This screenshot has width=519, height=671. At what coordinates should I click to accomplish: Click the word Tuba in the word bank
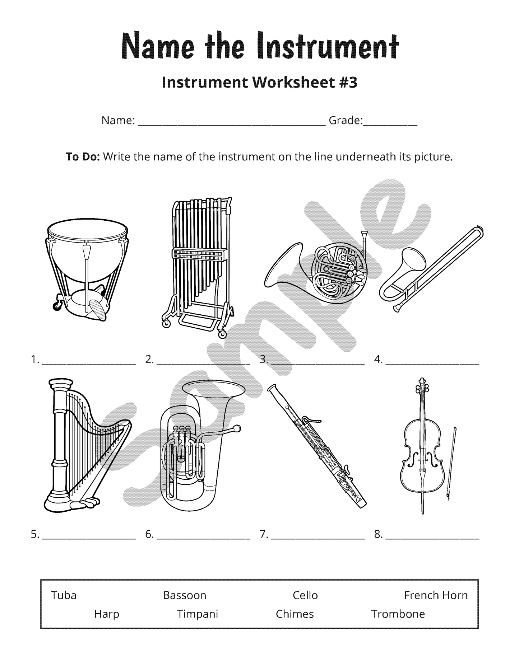point(64,595)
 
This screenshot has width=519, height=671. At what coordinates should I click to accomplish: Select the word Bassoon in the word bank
point(184,595)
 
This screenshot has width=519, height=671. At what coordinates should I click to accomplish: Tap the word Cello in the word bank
point(305,595)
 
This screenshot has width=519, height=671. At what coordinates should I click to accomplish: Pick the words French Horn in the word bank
point(436,595)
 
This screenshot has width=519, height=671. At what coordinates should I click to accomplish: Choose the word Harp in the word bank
point(106,614)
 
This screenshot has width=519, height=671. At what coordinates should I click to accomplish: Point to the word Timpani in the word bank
point(197,614)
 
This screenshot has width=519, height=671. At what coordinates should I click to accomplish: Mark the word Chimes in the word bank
point(295,614)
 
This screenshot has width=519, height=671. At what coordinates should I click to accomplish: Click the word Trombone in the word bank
point(398,614)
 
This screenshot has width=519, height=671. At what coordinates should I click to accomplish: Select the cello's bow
point(451,463)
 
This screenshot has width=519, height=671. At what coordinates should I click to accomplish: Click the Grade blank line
point(390,123)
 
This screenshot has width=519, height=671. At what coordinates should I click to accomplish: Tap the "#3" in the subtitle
point(348,83)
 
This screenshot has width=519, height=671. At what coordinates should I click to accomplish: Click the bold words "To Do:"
point(83,157)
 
